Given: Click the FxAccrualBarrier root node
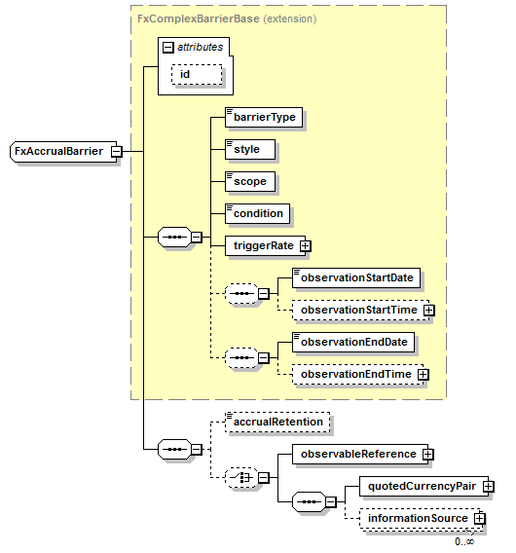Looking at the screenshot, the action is pos(63,152).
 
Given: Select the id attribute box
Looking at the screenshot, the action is pos(197,74).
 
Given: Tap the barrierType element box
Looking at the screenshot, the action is pos(264,117).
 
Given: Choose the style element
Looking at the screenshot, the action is pos(250,149).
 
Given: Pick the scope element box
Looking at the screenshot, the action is pos(250,181).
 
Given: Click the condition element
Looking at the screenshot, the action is pos(257,213).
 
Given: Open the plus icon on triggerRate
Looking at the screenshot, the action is pos(306,245).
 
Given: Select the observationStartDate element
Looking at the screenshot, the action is pos(356,277).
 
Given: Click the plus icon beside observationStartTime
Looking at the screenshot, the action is pos(429,310).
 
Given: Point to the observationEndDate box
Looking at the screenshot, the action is pos(353,342).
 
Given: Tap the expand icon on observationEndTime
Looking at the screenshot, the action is pos(424,374).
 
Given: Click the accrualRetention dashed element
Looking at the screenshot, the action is pos(277,422).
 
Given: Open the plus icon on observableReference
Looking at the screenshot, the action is pos(427,455).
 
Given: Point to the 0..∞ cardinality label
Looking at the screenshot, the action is pos(464,541).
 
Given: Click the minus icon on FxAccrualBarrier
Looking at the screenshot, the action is pos(117,152).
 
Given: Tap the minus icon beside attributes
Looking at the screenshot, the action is pos(168,48).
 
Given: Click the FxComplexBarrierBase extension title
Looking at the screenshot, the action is pos(227,18).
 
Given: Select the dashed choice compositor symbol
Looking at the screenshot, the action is pos(242,478).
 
